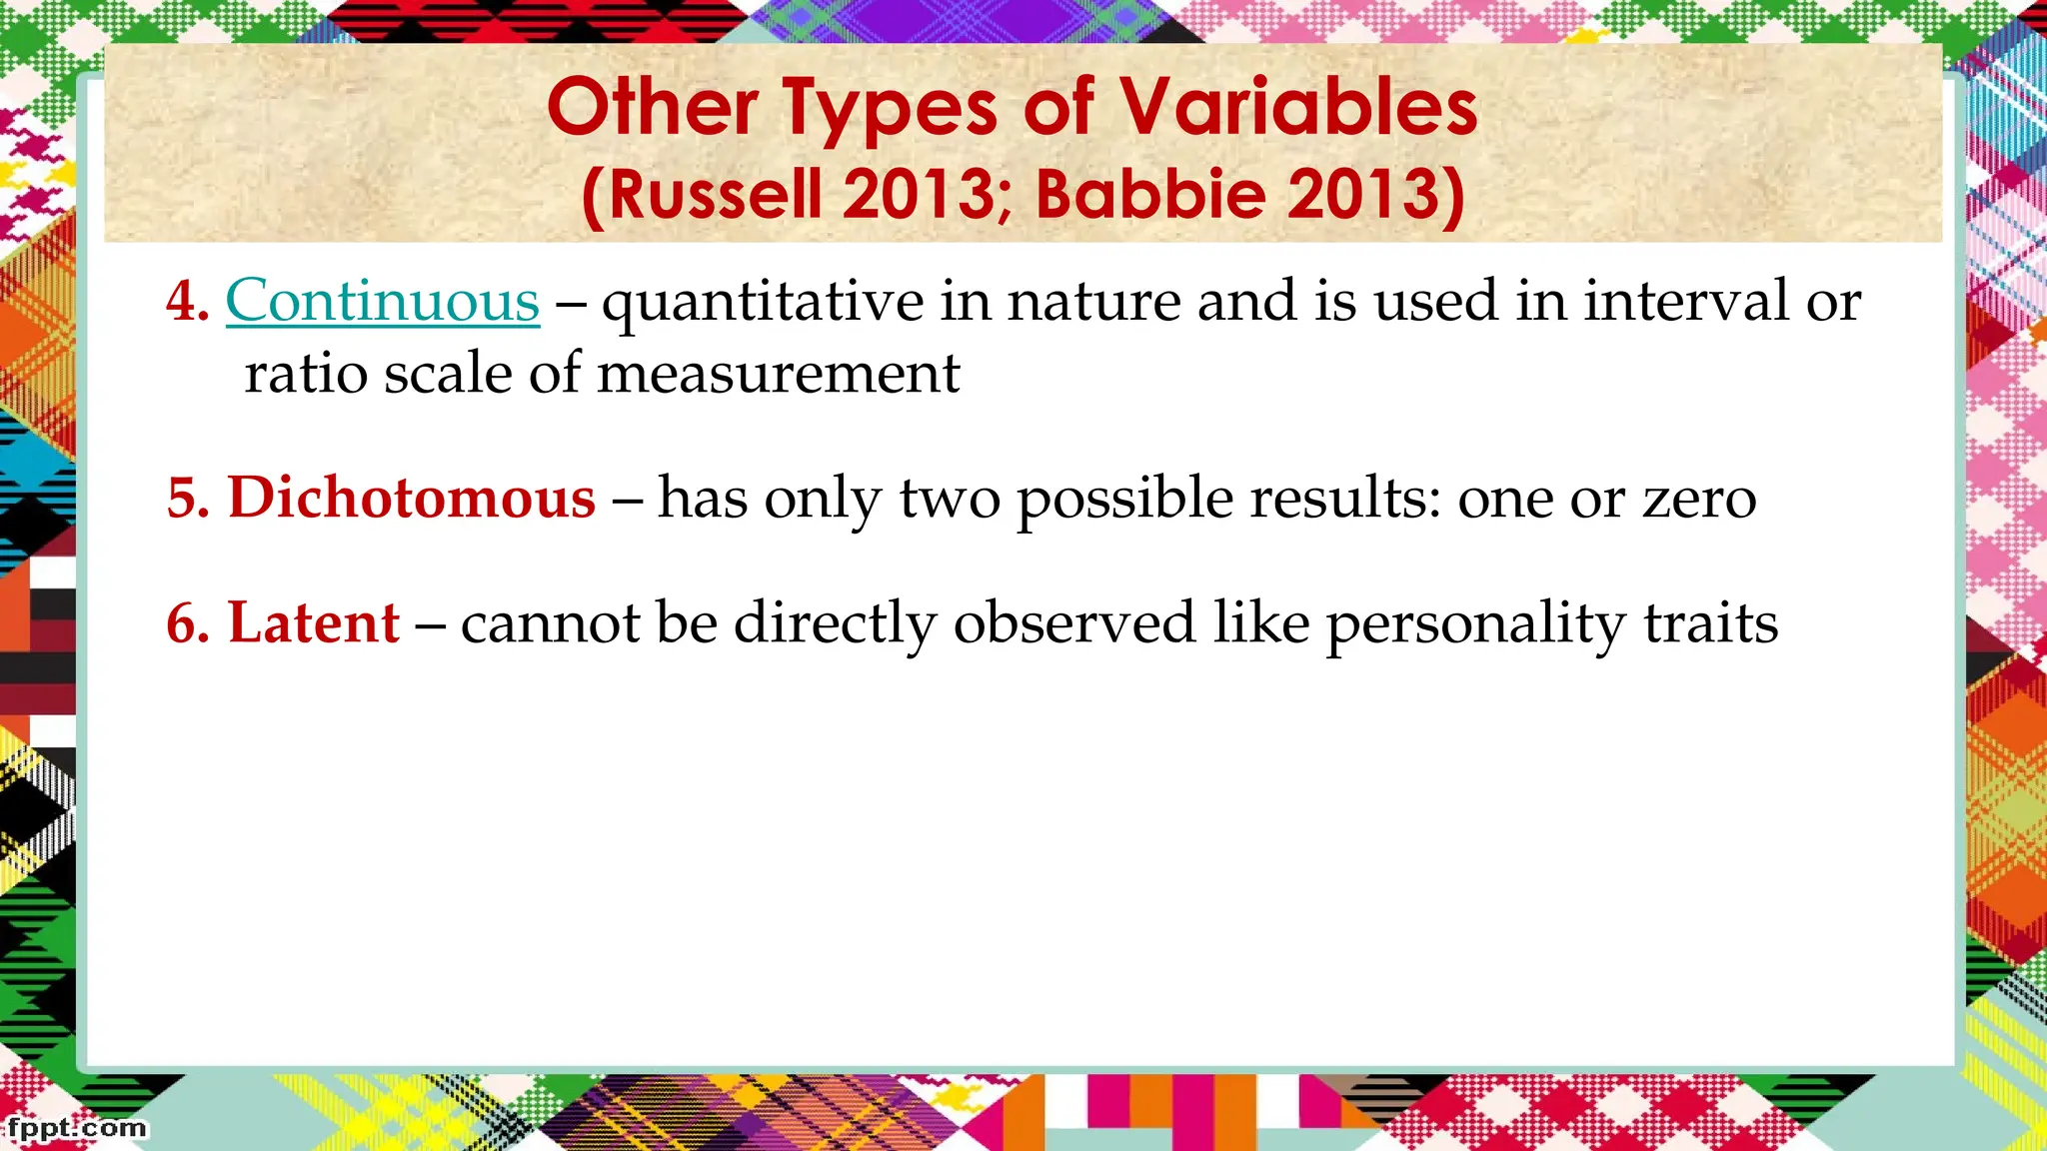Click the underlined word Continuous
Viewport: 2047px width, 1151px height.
(382, 301)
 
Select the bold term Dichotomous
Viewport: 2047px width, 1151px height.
(411, 498)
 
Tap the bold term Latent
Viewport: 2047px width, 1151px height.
(314, 622)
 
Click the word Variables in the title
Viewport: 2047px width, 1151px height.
(1296, 108)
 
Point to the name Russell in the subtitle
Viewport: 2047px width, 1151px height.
(715, 194)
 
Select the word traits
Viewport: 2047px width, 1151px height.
(1710, 622)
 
